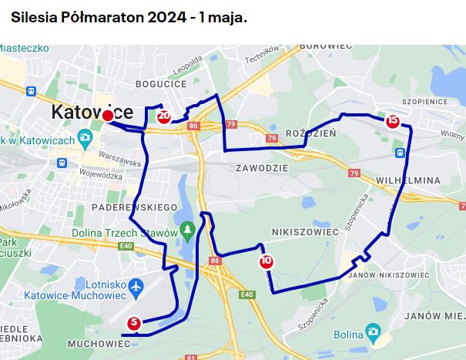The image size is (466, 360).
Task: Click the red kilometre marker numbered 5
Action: (x=134, y=324)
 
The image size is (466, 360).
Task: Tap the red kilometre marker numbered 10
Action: (x=266, y=261)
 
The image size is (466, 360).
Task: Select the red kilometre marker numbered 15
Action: (x=393, y=120)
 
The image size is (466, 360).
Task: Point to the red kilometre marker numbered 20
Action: (x=163, y=116)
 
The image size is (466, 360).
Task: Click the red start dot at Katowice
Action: (x=108, y=116)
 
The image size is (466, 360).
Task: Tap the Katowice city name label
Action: (x=92, y=113)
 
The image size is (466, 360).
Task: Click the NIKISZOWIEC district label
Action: (x=306, y=230)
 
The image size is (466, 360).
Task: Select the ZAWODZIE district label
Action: (x=263, y=167)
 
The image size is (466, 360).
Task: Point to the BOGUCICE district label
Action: (x=161, y=83)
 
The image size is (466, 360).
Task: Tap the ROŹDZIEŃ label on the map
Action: (x=311, y=133)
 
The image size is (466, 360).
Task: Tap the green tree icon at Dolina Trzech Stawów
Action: (x=187, y=230)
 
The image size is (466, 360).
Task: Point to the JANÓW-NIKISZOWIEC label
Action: (x=389, y=274)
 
